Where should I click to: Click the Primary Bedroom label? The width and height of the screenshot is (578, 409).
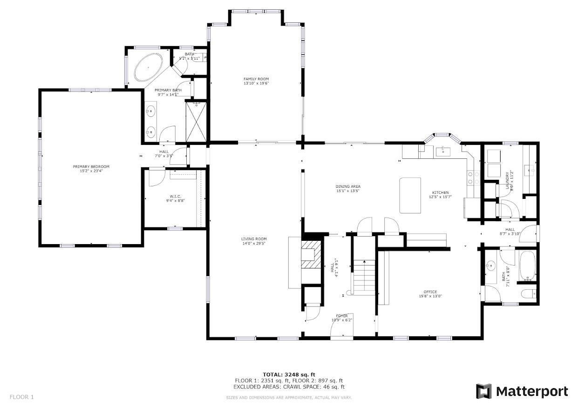[x=91, y=167]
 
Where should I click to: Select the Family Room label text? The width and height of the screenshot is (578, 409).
[x=256, y=79]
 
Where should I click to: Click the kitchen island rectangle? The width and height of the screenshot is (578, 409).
[x=410, y=195]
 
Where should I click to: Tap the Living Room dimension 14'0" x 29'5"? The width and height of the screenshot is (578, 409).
[x=254, y=244]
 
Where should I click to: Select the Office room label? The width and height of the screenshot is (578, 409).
[x=430, y=292]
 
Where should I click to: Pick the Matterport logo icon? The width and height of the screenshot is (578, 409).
[x=483, y=391]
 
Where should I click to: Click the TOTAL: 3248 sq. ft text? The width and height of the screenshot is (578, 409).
[x=289, y=374]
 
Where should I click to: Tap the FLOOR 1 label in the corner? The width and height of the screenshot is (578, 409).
[x=21, y=397]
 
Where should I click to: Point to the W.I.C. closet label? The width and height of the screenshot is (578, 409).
[x=175, y=196]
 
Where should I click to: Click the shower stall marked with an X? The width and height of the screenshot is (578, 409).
[x=196, y=121]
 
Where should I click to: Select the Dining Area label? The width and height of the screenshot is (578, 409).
[x=348, y=186]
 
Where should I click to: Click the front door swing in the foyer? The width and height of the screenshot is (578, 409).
[x=341, y=326]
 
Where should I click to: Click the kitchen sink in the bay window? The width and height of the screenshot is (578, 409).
[x=442, y=150]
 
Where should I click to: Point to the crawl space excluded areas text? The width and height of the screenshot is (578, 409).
[x=289, y=387]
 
